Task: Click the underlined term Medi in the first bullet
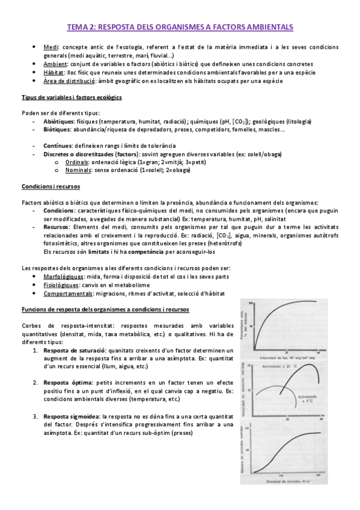tap(50, 47)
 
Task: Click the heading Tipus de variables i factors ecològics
tap(72, 97)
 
